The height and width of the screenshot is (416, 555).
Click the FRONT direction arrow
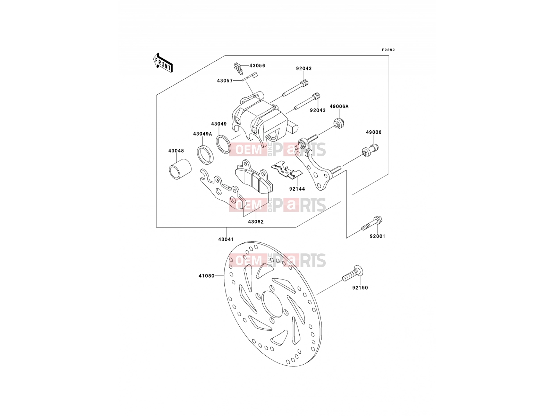tap(163, 63)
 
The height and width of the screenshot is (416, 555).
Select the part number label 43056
tap(257, 66)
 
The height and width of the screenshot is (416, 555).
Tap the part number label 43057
tap(225, 81)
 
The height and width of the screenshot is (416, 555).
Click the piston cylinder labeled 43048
tap(180, 169)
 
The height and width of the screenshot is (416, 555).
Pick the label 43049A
tap(203, 134)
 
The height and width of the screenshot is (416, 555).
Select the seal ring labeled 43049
tap(223, 144)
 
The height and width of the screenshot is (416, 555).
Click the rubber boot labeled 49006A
tap(338, 123)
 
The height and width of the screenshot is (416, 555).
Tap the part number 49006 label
tap(374, 132)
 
